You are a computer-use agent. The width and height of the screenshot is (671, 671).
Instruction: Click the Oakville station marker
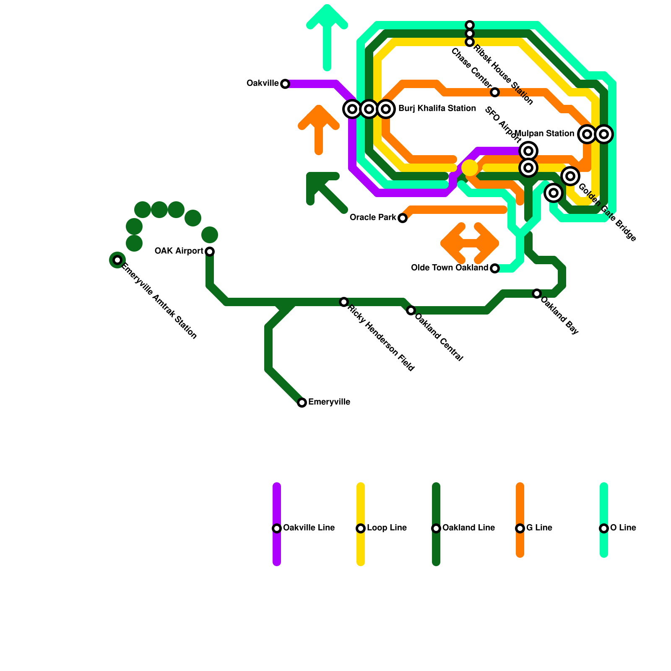(285, 84)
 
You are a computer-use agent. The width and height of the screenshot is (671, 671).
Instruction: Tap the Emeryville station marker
(302, 403)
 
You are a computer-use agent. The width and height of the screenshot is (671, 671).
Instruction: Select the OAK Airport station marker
(210, 252)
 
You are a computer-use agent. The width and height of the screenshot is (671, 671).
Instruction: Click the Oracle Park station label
(372, 218)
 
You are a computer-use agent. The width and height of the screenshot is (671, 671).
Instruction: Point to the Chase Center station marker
(495, 92)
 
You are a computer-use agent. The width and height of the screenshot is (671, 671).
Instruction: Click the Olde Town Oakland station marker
(495, 268)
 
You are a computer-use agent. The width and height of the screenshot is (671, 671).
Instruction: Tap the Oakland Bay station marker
(537, 294)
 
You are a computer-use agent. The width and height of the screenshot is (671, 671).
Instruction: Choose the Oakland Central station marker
(411, 310)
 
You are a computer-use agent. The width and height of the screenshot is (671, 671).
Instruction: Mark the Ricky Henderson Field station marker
(344, 302)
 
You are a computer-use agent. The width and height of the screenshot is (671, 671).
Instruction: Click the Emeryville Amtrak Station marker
(117, 260)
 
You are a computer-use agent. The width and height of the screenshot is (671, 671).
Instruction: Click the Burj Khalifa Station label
(437, 109)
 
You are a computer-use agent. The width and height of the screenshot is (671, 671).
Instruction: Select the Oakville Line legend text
(309, 528)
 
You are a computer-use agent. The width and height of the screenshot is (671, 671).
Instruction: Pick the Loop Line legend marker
(361, 528)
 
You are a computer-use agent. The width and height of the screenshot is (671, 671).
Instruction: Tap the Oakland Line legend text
(468, 528)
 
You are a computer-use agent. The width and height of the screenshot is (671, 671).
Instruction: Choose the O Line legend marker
(604, 528)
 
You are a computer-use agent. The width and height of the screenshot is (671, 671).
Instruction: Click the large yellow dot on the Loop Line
(470, 168)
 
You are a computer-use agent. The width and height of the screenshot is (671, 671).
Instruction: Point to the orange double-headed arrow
(470, 243)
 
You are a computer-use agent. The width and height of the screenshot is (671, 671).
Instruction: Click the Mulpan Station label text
(544, 134)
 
